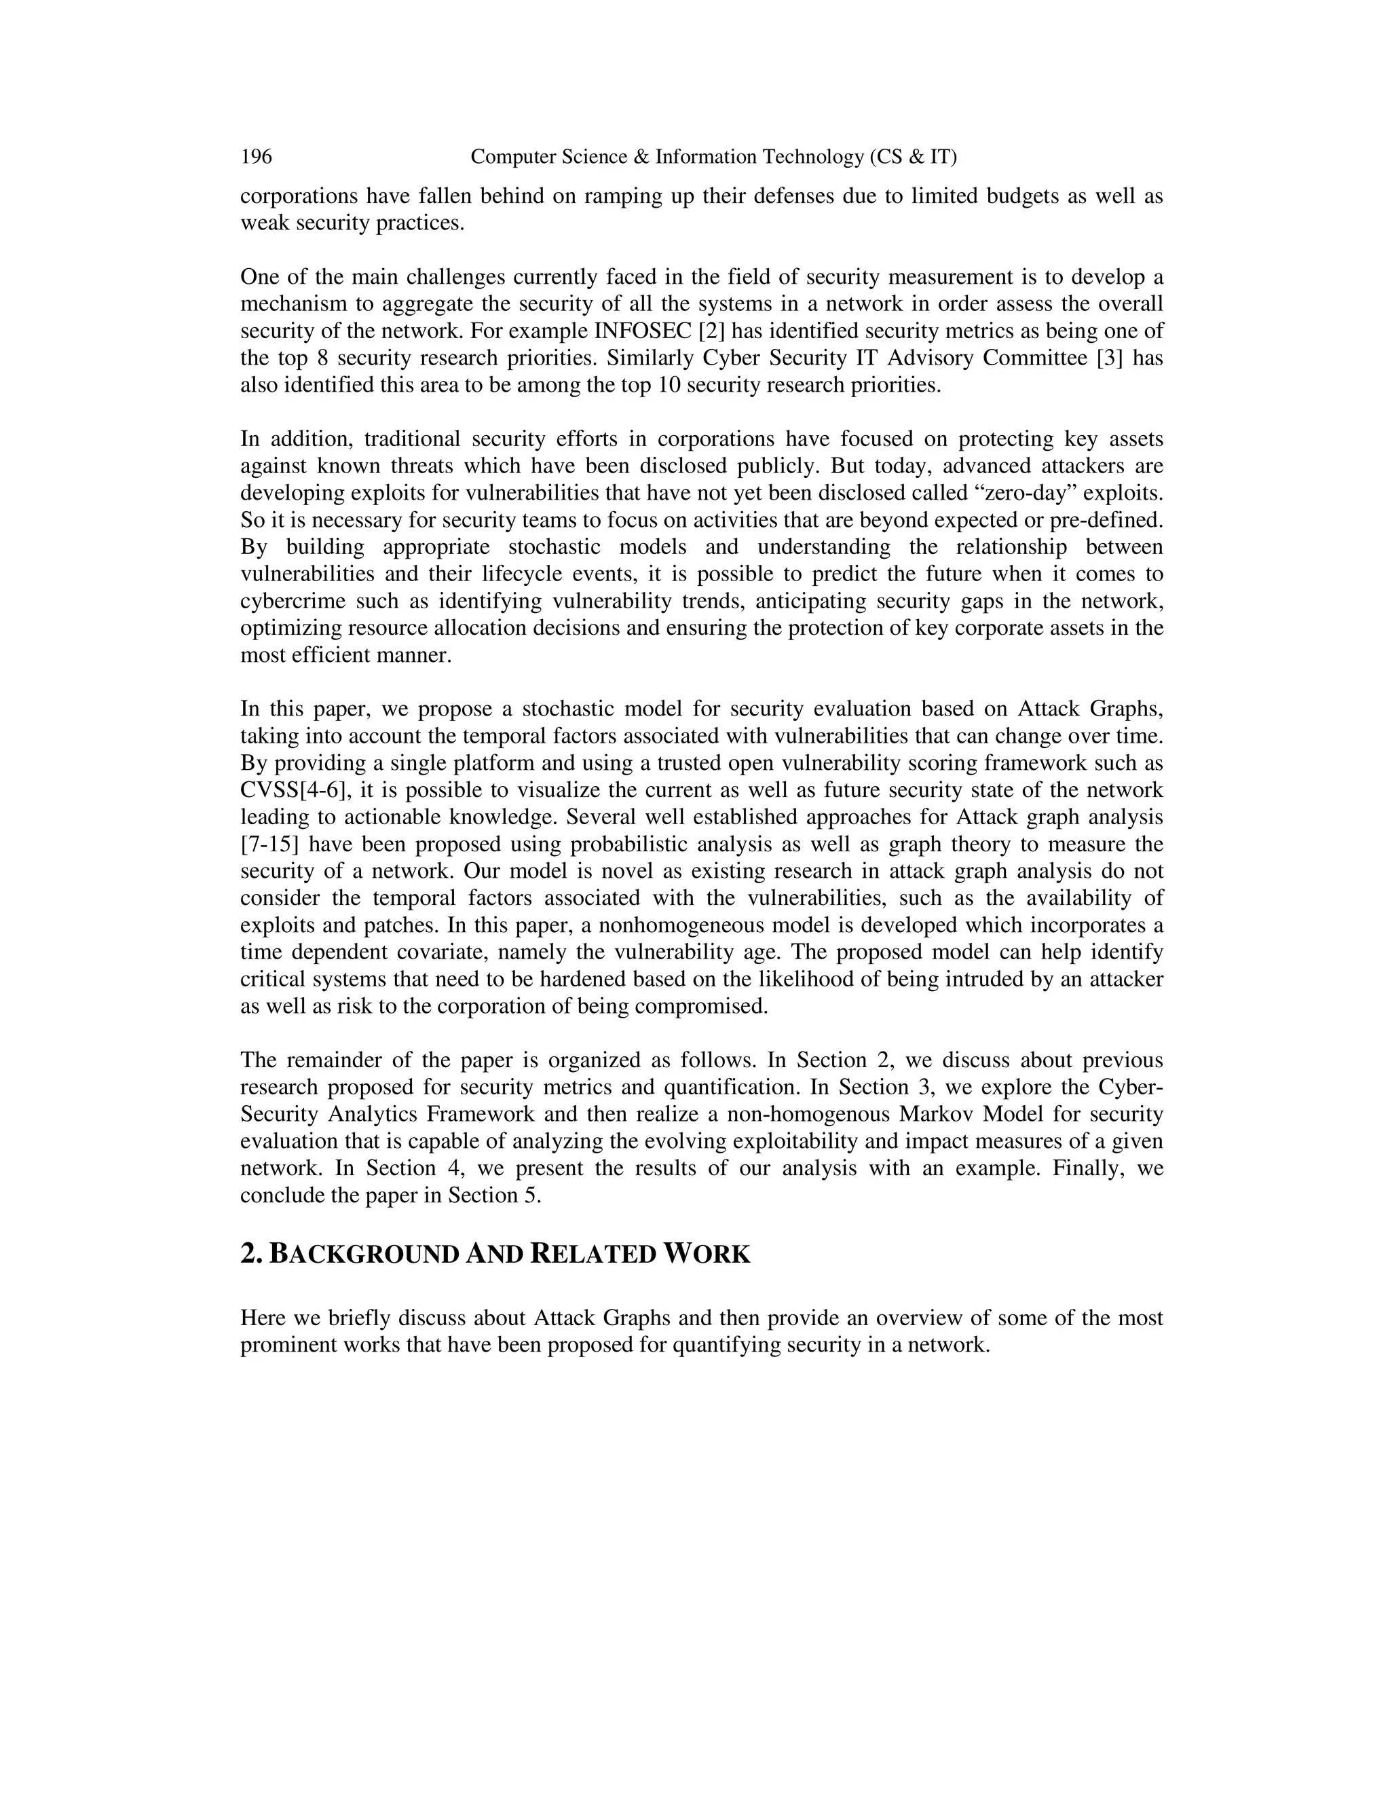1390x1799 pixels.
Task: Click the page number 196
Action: point(256,157)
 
